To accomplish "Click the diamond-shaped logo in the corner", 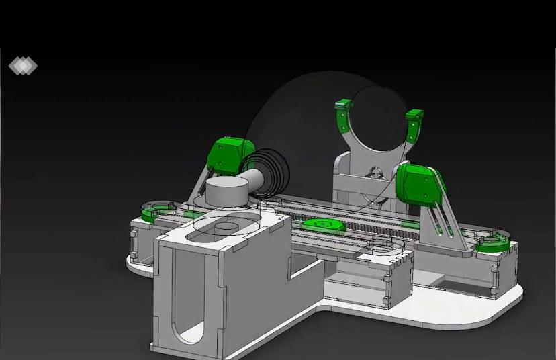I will click(x=23, y=66).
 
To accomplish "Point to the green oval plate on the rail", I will click(x=324, y=226).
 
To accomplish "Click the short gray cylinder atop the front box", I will click(x=228, y=192).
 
